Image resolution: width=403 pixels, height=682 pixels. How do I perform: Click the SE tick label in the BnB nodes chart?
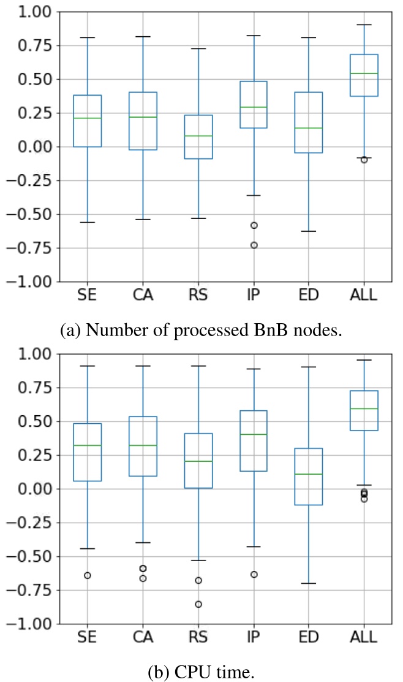87,295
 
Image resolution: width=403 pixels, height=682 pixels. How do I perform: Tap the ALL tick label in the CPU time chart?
364,637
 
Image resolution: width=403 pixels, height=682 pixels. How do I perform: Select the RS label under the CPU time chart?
198,637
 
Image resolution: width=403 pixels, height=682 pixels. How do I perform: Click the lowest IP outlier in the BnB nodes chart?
253,245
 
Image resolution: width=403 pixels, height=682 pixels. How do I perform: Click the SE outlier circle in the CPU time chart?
87,575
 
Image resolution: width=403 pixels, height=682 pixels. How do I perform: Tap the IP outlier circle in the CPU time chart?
253,574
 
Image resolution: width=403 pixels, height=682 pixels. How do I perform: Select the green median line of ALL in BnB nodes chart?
364,74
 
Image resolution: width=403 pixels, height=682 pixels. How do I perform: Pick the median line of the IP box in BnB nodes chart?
253,107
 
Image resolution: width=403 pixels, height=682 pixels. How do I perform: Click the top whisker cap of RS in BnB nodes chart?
198,48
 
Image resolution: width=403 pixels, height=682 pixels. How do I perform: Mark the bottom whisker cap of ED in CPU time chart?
309,583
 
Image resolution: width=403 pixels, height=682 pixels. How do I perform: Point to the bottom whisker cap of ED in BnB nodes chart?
309,231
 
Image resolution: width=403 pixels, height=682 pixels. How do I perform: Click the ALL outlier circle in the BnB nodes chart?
364,159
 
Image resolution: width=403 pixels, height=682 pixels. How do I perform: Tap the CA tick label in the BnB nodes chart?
142,295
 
